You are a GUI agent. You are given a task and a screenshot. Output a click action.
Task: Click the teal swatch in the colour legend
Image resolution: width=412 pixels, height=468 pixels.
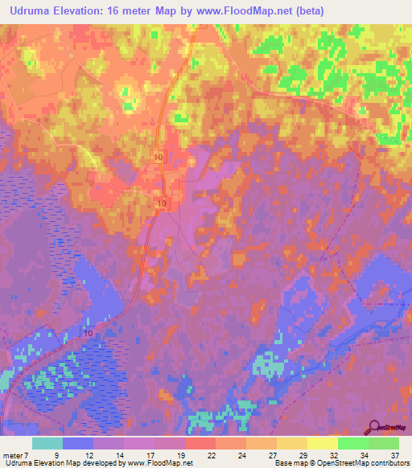[47, 443]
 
